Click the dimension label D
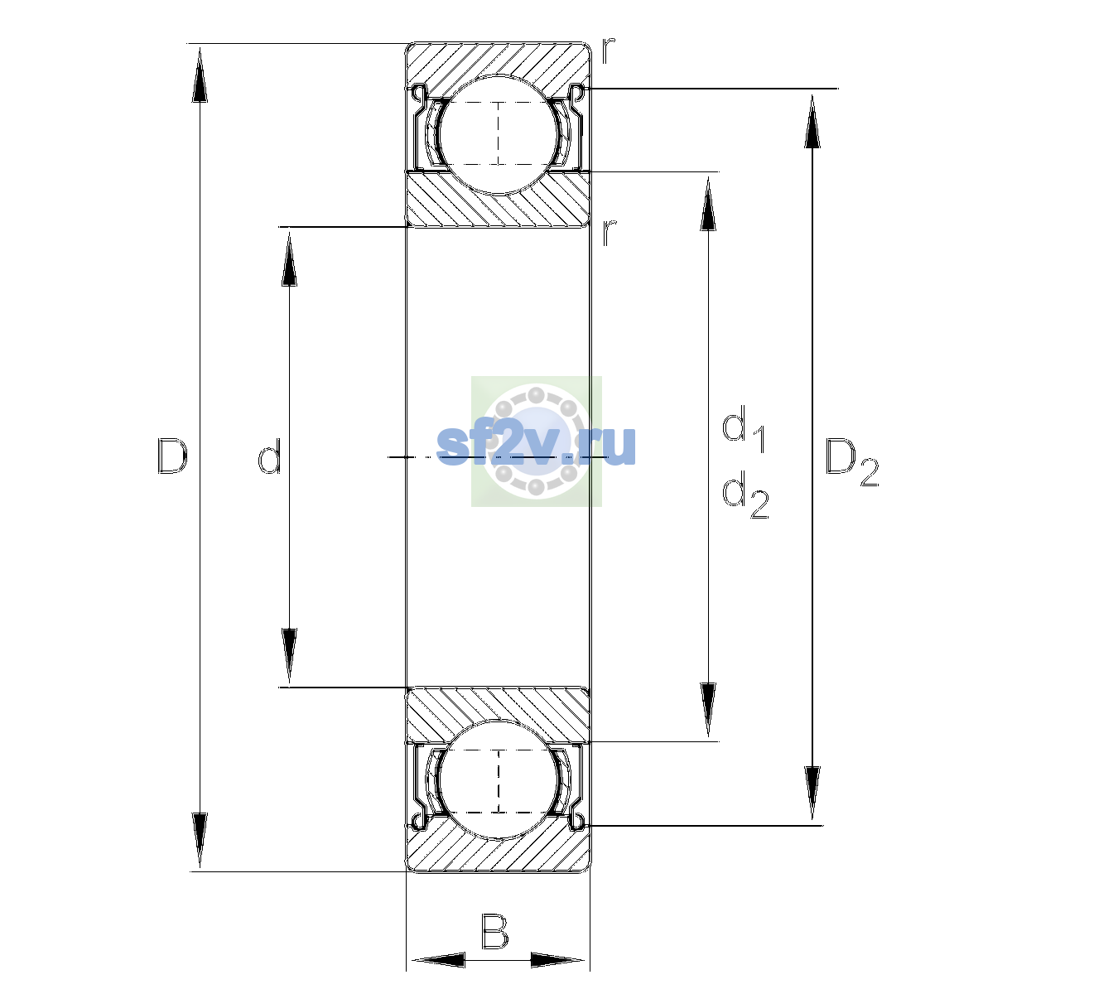pos(172,456)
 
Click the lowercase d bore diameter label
pos(270,456)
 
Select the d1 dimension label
pos(744,428)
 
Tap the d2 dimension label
pos(745,495)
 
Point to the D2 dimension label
pos(851,462)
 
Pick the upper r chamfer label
pos(608,51)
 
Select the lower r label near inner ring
pos(608,233)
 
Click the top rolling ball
pos(499,134)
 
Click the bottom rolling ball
pos(499,779)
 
